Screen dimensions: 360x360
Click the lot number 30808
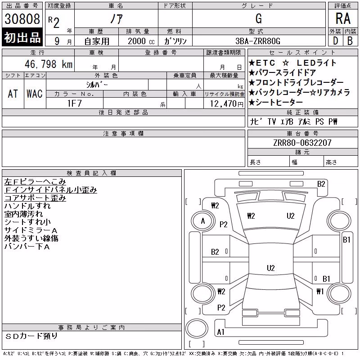point(22,19)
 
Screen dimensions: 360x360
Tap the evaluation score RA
point(343,18)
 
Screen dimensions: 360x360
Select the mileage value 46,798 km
point(49,64)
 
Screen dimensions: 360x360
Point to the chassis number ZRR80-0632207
point(302,143)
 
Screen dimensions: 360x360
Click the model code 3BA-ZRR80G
point(258,41)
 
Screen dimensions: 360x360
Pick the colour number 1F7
point(74,103)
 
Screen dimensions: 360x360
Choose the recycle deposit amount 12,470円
point(227,104)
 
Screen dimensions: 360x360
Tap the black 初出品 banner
point(22,37)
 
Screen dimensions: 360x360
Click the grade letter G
point(259,18)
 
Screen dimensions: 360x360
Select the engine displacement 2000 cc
point(141,41)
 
